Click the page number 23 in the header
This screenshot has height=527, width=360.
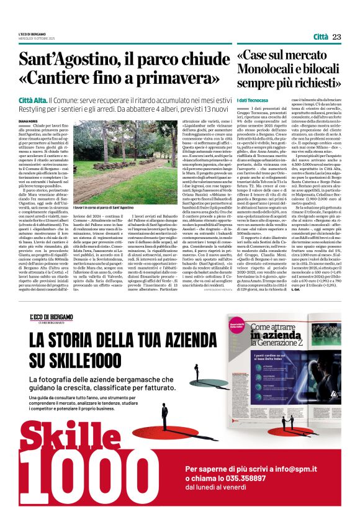[x=337, y=37]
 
